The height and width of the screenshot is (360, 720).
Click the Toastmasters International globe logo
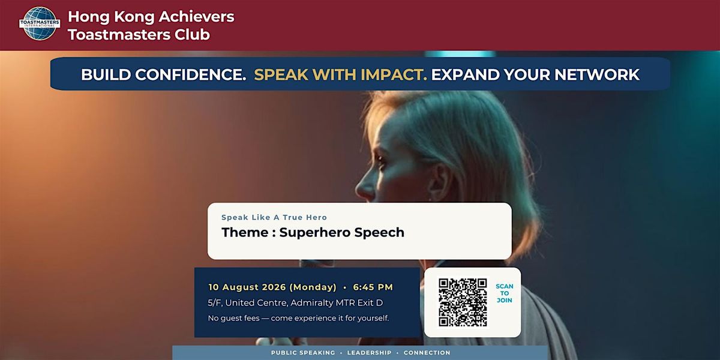pyautogui.click(x=40, y=23)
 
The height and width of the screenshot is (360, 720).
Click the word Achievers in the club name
pyautogui.click(x=196, y=17)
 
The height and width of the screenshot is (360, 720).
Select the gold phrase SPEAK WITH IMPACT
pyautogui.click(x=340, y=74)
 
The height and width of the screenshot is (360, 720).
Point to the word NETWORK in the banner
pyautogui.click(x=597, y=74)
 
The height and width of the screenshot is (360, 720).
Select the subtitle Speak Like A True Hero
pyautogui.click(x=274, y=218)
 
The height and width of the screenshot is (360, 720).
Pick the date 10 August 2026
pyautogui.click(x=247, y=287)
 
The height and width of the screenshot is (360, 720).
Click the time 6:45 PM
pyautogui.click(x=373, y=287)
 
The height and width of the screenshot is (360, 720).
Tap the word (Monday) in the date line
pyautogui.click(x=313, y=287)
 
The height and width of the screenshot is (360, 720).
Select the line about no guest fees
pyautogui.click(x=298, y=318)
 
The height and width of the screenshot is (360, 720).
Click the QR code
pyautogui.click(x=463, y=302)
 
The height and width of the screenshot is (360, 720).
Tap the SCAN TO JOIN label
pyautogui.click(x=505, y=293)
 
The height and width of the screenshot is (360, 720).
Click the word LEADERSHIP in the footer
pyautogui.click(x=370, y=353)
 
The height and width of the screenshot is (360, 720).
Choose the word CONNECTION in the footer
pyautogui.click(x=427, y=353)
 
